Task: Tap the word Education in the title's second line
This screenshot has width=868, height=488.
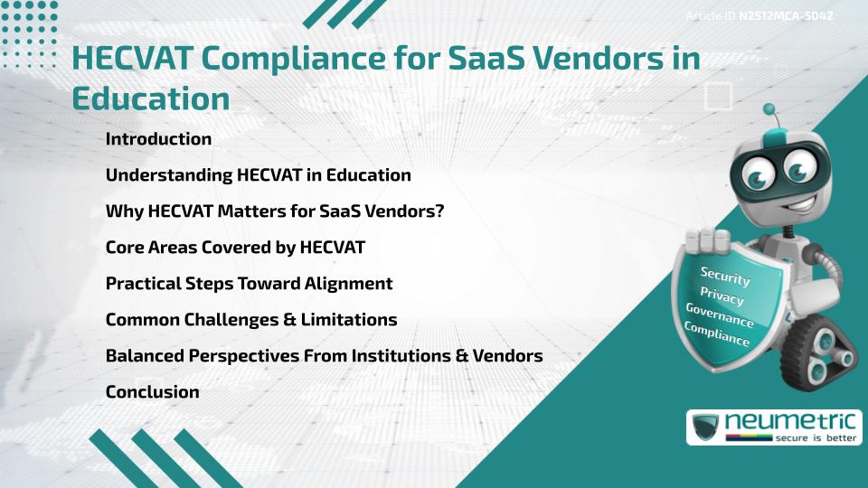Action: coord(150,99)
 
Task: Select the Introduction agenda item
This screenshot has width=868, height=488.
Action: coord(158,139)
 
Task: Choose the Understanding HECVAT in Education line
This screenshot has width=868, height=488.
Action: coord(258,175)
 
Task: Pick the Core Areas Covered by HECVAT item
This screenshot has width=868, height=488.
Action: coord(235,248)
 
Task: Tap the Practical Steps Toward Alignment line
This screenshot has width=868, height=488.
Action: coord(249,284)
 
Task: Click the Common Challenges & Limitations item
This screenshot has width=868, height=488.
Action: coord(251,320)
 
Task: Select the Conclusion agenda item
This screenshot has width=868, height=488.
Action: coord(152,392)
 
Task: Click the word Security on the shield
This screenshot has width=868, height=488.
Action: coord(725,276)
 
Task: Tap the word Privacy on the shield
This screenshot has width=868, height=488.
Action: coord(722,296)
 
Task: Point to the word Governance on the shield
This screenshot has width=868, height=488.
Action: coord(719,316)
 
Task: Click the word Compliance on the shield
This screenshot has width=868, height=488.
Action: coord(716,334)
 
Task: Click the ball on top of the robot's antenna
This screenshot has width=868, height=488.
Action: coord(769,110)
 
